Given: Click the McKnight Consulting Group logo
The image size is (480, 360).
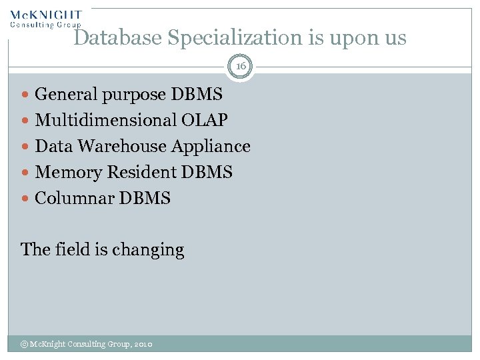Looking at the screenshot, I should point(45,18).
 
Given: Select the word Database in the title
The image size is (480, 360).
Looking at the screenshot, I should point(117,38).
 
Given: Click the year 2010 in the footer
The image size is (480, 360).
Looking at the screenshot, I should point(143,344).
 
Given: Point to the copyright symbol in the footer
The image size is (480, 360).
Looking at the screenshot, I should point(24,344).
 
